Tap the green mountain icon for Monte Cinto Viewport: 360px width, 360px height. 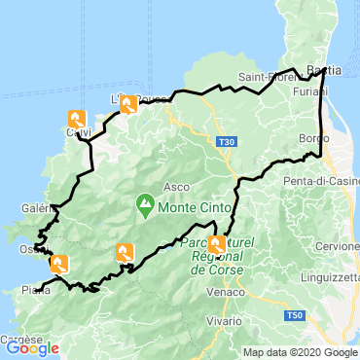tap(145, 204)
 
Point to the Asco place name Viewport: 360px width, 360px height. tap(177, 185)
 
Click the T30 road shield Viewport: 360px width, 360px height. tap(227, 142)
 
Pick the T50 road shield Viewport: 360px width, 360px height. tap(295, 316)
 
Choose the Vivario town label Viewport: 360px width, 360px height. tap(226, 320)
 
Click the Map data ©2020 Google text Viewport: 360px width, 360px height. tap(300, 352)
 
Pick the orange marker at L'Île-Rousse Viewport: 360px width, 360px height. tap(126, 104)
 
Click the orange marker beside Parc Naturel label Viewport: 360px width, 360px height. tap(215, 244)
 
